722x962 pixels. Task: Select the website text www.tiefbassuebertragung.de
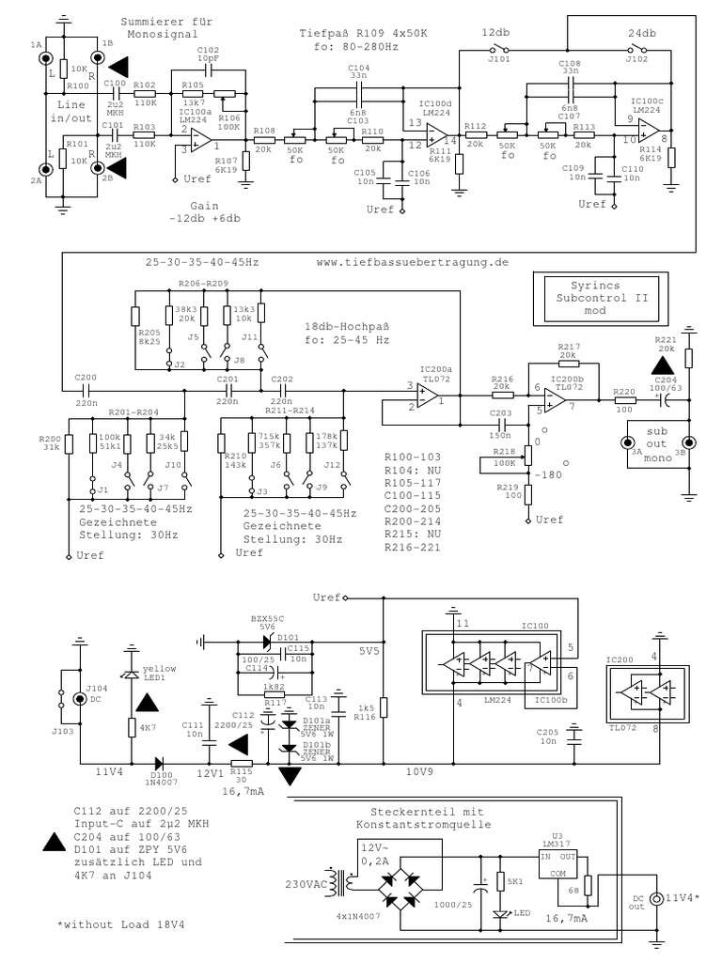point(412,262)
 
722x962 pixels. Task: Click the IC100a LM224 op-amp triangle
point(199,140)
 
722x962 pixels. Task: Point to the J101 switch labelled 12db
point(498,50)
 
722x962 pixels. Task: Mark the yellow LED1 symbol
point(131,675)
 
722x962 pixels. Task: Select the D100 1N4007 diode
point(161,763)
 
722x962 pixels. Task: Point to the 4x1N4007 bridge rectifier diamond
point(402,885)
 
